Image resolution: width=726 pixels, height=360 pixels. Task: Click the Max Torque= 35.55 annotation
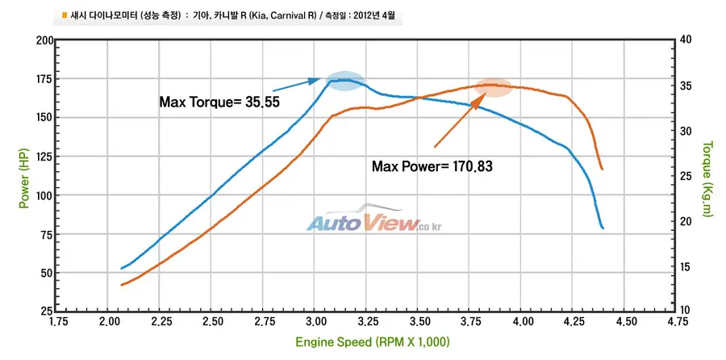219,102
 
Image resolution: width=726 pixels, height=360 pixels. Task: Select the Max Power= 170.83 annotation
432,165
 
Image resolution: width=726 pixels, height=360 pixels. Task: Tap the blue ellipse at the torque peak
345,81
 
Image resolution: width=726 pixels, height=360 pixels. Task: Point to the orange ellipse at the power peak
493,87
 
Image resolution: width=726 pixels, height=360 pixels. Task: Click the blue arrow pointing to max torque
296,84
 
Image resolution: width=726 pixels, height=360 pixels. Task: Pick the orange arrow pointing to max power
461,119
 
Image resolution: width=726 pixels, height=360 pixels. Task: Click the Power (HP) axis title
24,178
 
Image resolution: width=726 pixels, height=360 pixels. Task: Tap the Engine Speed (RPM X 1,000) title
373,342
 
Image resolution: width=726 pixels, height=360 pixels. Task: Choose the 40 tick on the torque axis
686,41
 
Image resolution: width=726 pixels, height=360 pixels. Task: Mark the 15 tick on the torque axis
686,267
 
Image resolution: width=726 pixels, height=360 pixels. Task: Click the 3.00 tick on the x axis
314,322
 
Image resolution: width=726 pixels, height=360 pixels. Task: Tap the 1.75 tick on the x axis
56,322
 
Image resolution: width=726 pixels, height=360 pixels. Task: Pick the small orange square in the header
65,15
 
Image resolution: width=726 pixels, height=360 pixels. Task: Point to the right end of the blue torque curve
603,228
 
